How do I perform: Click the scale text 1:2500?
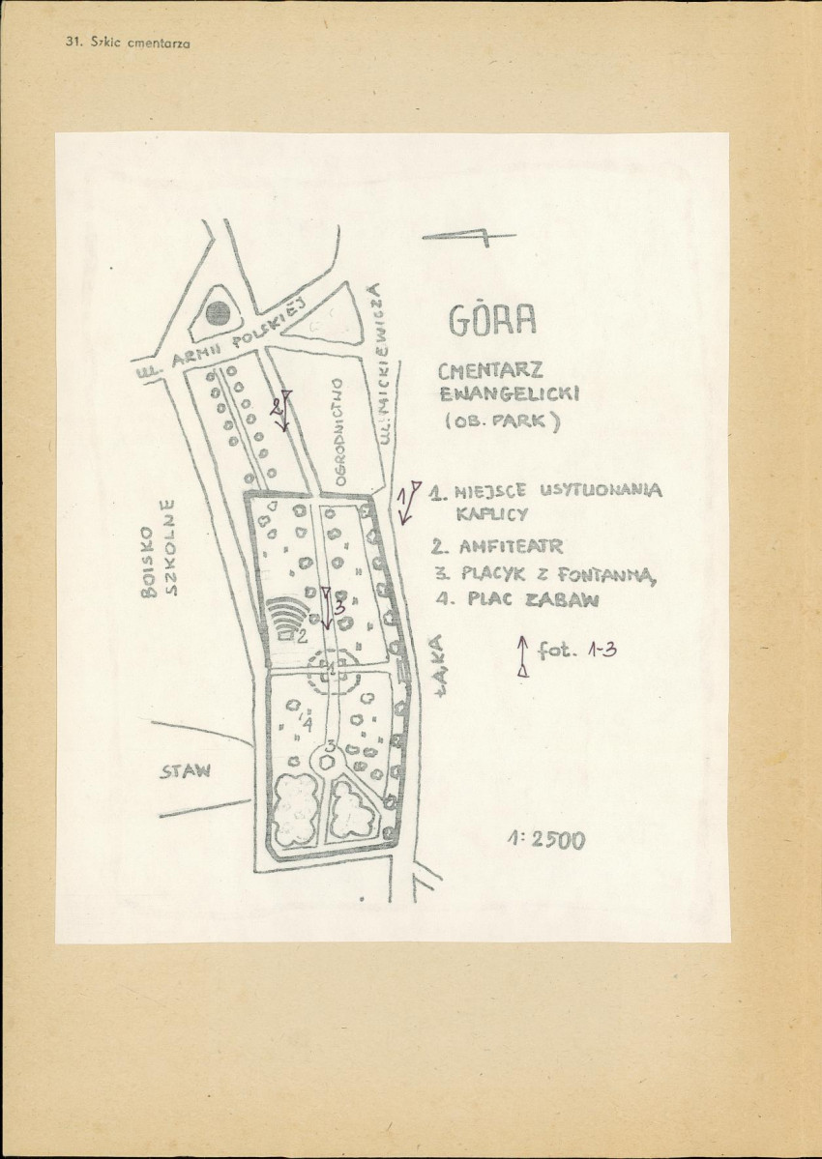pos(545,839)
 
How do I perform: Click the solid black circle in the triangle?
pos(219,312)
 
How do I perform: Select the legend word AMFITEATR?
pos(511,546)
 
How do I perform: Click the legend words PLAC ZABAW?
pos(532,599)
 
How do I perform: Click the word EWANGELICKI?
pos(509,394)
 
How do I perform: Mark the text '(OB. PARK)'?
pos(504,422)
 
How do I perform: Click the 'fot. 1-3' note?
pos(577,651)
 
